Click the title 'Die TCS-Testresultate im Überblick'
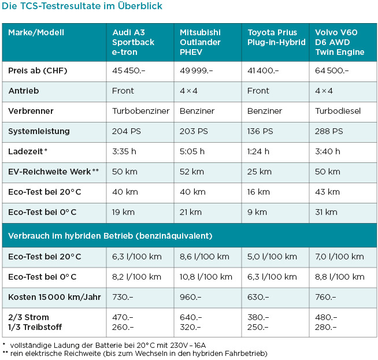(x=82, y=7)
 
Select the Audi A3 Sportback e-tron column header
(x=133, y=42)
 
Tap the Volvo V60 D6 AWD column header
(x=340, y=42)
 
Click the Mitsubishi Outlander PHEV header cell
(x=201, y=42)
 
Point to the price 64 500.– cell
(x=332, y=70)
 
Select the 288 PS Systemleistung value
(x=329, y=131)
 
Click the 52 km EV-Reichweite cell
(x=192, y=172)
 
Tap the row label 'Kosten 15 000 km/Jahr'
(x=54, y=296)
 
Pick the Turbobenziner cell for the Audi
(x=139, y=111)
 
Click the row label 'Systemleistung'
(x=39, y=131)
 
